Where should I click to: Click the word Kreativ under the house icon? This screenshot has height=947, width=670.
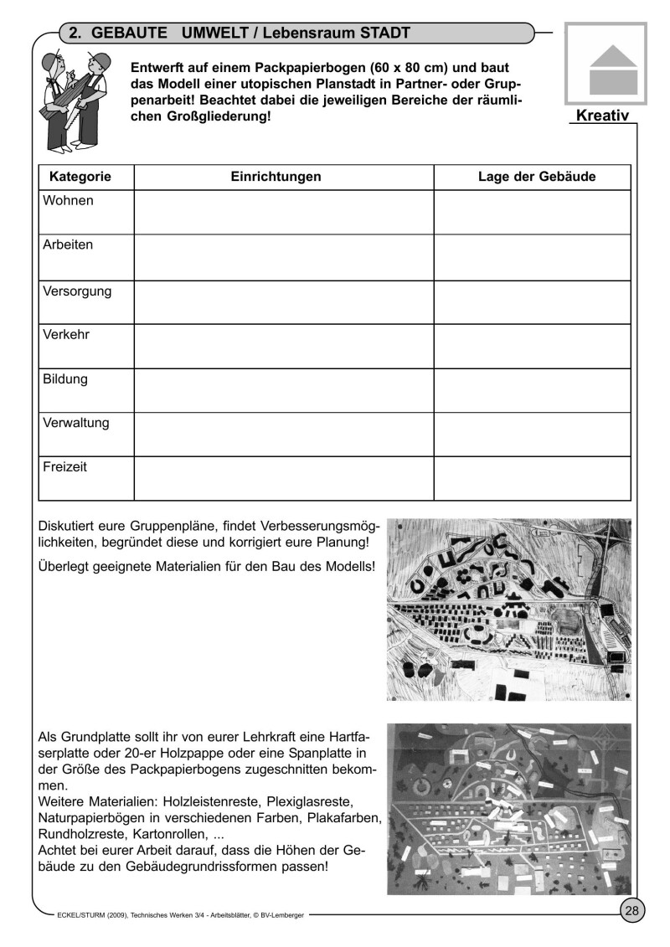[x=602, y=115]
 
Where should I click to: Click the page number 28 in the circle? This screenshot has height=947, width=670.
[x=631, y=911]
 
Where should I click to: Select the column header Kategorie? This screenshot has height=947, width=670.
[x=80, y=177]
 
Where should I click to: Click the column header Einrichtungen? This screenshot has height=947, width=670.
[x=276, y=177]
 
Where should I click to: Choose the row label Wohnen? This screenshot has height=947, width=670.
[x=69, y=201]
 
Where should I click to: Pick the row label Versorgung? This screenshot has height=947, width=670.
[x=77, y=291]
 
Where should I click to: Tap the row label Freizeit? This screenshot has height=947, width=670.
[x=65, y=466]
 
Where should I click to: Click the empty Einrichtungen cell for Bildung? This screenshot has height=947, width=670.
[x=283, y=391]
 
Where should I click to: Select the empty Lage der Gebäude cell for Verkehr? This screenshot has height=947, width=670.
[x=532, y=347]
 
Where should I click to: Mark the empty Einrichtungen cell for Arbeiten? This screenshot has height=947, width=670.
[x=283, y=257]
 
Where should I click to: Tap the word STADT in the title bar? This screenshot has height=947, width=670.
[x=381, y=33]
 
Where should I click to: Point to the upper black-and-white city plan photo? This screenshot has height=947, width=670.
[x=508, y=610]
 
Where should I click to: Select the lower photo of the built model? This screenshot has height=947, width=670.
[x=508, y=808]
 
